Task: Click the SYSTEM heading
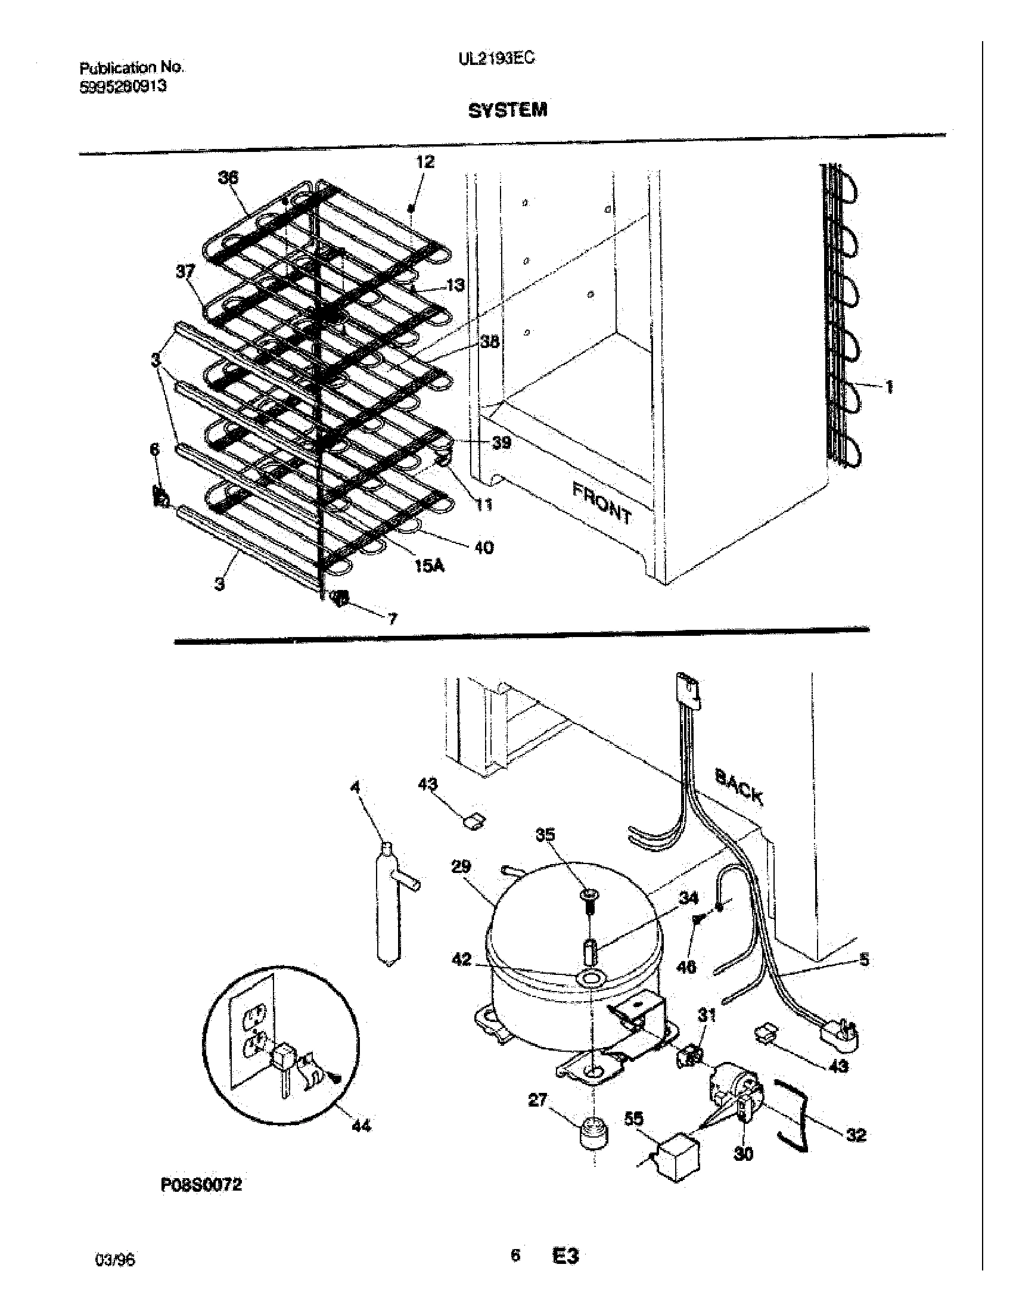point(507,110)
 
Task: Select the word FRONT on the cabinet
point(601,503)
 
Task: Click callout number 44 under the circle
point(361,1126)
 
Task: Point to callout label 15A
point(430,565)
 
